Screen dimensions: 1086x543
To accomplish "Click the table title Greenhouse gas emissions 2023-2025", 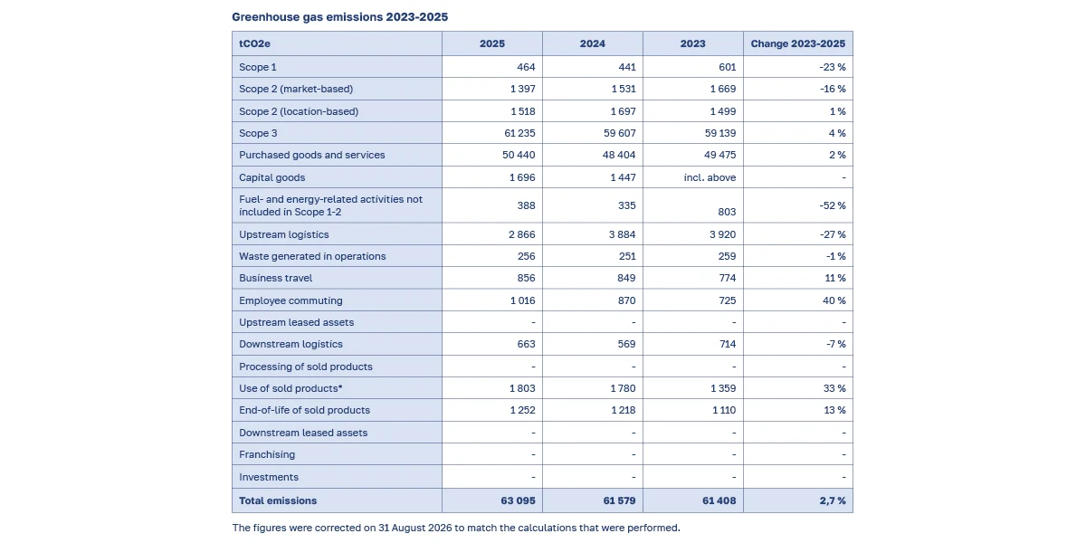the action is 340,17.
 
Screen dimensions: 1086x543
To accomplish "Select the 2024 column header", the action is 593,43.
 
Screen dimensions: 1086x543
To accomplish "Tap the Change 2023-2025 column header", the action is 798,43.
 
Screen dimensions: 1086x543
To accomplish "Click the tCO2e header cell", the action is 254,43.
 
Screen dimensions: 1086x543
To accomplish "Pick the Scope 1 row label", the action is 257,67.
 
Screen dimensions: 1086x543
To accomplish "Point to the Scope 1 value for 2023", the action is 728,67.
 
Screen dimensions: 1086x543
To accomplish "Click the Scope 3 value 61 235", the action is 519,133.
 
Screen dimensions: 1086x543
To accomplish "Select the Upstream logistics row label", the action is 283,234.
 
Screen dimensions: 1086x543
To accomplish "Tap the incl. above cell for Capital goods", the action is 710,177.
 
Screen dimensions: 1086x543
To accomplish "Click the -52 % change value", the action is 833,205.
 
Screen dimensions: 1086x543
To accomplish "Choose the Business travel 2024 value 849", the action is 626,278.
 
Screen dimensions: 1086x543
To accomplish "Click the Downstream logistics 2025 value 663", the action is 526,344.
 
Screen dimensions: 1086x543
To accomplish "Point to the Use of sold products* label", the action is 291,388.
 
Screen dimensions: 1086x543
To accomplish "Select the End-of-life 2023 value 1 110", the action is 724,410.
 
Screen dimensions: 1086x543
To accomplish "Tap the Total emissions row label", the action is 278,500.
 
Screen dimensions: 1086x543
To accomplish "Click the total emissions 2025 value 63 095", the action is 519,500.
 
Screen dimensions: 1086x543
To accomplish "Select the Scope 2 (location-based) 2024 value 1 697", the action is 623,111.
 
